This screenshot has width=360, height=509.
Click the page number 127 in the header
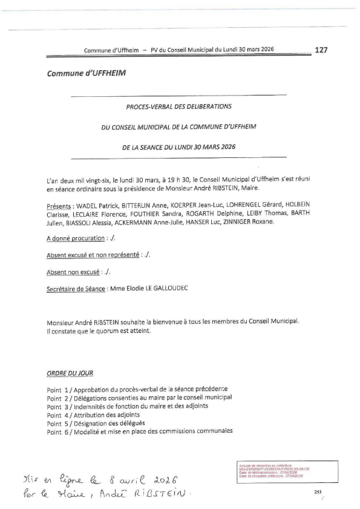tap(321, 50)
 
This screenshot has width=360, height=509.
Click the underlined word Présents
tap(61, 206)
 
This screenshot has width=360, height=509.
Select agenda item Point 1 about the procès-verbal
tap(138, 389)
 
